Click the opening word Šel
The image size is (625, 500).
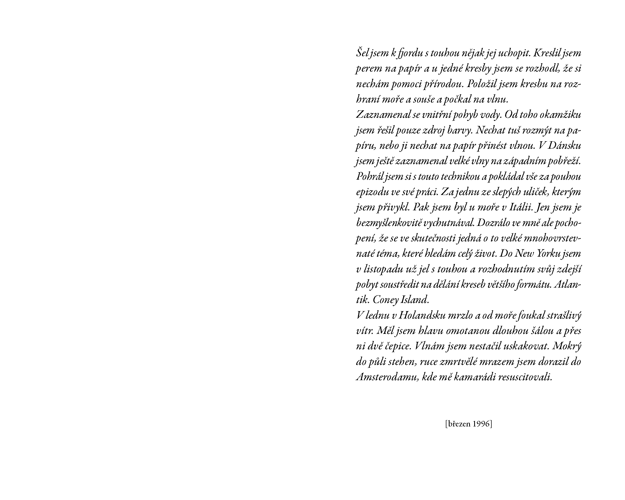[x=362, y=53]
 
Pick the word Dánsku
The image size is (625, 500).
[x=564, y=146]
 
